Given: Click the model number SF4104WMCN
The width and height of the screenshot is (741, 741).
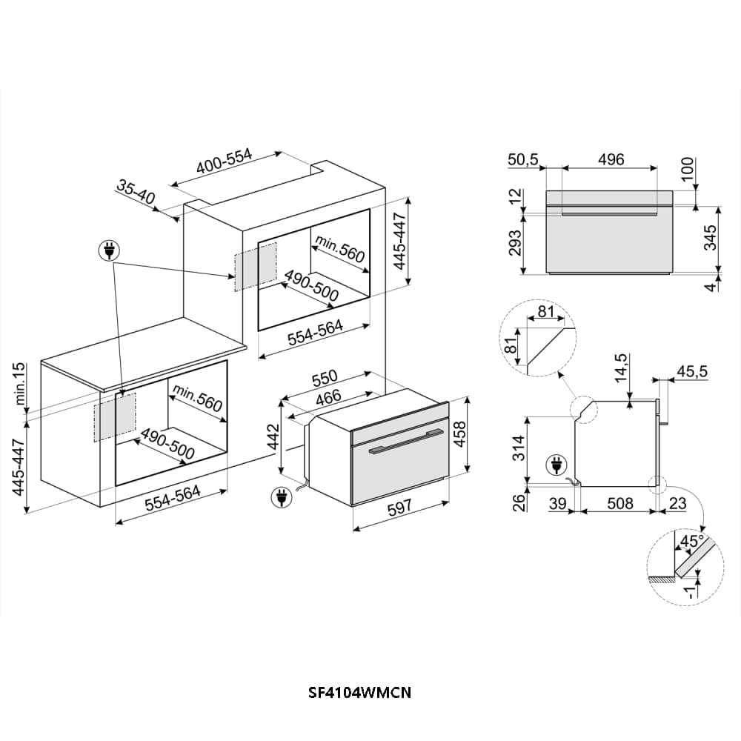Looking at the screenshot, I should [359, 693].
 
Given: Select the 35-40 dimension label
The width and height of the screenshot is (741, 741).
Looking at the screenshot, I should [135, 192].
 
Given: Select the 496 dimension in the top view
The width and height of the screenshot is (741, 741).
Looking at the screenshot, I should [611, 159].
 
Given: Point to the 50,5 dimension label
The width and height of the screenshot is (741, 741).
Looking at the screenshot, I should [522, 159].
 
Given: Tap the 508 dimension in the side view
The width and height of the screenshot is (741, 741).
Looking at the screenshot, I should [619, 504].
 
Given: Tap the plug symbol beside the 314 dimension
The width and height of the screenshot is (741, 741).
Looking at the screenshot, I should [555, 465].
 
